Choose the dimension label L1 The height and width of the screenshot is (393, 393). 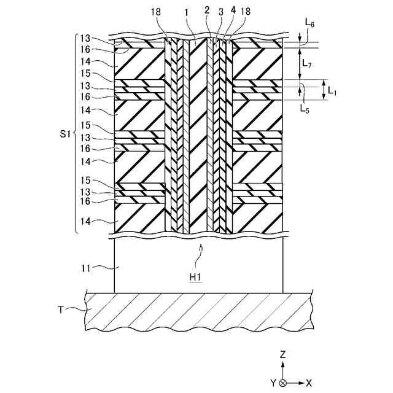click(x=332, y=90)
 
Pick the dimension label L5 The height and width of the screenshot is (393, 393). click(x=304, y=109)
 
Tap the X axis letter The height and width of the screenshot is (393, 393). click(x=309, y=383)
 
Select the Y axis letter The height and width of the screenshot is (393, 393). click(x=272, y=383)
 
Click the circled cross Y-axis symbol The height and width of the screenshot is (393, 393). click(x=282, y=383)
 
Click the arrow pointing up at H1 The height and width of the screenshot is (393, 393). click(x=200, y=247)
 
